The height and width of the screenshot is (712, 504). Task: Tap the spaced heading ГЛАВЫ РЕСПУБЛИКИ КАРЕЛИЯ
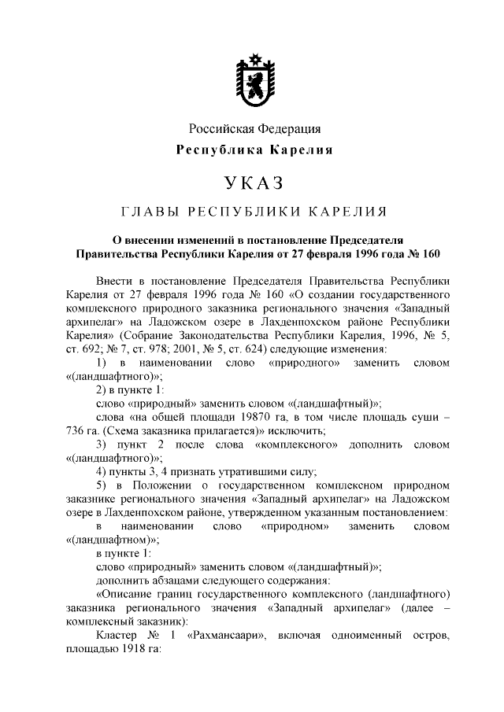coord(253,212)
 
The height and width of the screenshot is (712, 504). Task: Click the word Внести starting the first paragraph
coord(113,281)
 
